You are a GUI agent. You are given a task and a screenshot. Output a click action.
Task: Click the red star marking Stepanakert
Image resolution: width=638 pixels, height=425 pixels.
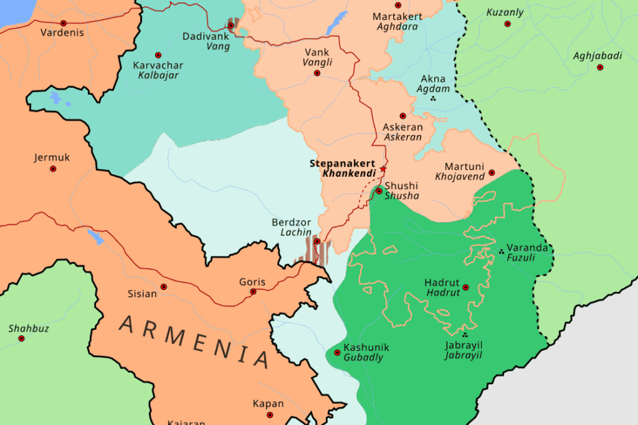(383, 169)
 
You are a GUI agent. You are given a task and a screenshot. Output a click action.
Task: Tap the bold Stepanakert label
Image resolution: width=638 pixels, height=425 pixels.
(342, 163)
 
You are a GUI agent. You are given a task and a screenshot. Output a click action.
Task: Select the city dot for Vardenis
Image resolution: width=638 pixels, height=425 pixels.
(63, 23)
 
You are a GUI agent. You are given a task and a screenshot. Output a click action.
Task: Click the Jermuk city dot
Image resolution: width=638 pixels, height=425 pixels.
(53, 169)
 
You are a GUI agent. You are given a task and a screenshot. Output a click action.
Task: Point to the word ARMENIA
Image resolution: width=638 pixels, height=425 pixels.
(194, 341)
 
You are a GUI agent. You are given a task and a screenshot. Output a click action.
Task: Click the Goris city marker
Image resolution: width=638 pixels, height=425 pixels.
(253, 292)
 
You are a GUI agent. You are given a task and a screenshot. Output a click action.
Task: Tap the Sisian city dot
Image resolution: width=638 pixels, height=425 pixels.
(163, 287)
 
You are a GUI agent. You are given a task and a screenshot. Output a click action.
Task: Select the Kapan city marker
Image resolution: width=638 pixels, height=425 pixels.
(270, 415)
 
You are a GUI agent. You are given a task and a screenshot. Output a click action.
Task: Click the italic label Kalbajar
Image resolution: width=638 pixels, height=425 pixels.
(158, 75)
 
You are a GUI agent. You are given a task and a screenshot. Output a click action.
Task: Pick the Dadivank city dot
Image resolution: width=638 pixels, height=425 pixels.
(231, 26)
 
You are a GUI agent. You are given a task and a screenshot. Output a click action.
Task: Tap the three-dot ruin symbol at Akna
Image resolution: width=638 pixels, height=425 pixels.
(433, 99)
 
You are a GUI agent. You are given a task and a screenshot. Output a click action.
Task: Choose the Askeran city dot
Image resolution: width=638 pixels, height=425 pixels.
(403, 116)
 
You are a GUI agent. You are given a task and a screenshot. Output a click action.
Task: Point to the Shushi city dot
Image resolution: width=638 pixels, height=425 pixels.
(379, 191)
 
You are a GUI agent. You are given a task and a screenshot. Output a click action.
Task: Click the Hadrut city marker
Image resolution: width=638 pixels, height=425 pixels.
(466, 288)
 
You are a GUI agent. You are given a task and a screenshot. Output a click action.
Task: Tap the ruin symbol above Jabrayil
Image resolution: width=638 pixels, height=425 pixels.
(464, 335)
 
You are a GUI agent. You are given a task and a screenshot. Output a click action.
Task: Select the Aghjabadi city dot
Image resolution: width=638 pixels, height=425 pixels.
(600, 67)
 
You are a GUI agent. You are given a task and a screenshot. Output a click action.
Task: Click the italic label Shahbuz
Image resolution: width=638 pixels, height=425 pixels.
(29, 328)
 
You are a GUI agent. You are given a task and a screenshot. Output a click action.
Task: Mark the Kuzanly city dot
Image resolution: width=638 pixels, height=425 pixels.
(508, 24)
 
